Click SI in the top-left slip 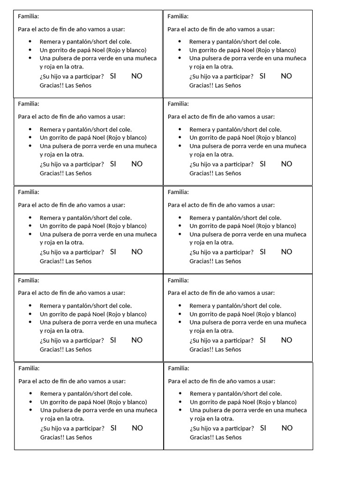113,76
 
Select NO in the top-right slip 286,76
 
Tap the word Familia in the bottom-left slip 29,368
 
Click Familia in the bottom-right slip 179,368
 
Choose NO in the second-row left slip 137,164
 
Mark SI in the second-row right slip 262,164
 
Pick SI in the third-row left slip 113,252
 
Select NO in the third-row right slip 286,252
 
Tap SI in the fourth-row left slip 113,340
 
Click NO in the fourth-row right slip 286,340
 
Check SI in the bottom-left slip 113,427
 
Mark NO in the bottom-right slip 287,427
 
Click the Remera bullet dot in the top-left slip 30,41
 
